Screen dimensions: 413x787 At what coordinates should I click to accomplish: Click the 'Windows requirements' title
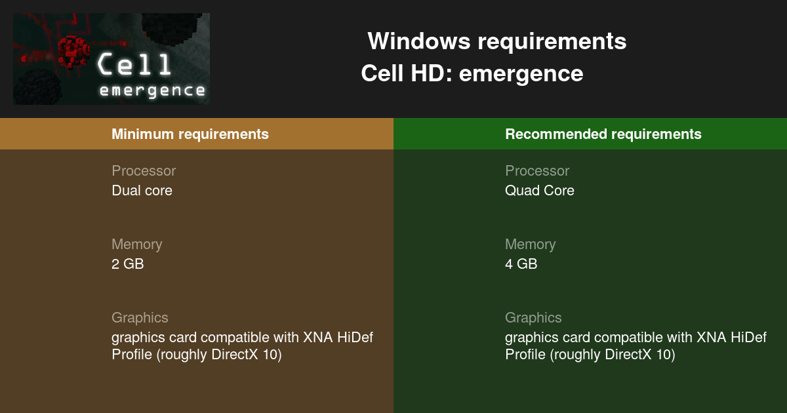pos(496,41)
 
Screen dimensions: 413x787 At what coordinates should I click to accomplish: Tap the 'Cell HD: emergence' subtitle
pos(472,73)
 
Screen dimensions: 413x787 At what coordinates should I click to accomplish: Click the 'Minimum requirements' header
pos(190,134)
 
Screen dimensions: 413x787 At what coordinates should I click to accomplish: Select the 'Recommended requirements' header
pos(603,134)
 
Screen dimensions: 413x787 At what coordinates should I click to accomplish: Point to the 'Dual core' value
pos(142,191)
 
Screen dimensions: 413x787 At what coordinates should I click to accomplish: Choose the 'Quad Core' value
pos(539,191)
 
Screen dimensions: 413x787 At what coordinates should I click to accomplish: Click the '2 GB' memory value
pos(127,264)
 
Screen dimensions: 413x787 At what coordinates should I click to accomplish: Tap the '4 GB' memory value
pos(521,264)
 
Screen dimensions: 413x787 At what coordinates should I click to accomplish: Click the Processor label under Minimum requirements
pos(144,171)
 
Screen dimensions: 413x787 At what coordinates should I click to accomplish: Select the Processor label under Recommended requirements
pos(537,171)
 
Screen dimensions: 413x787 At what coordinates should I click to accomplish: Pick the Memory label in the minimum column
pos(136,245)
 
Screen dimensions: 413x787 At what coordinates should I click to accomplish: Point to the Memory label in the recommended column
pos(530,245)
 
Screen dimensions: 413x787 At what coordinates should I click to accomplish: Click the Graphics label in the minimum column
pos(140,318)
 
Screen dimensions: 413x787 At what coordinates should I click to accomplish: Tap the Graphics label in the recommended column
pos(533,318)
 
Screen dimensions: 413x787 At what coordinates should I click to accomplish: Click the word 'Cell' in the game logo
pos(135,65)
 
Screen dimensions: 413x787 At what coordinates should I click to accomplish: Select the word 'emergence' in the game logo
pos(152,90)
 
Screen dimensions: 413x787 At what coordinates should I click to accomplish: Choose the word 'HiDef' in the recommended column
pos(748,338)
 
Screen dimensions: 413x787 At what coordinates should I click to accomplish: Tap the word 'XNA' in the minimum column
pos(318,338)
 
